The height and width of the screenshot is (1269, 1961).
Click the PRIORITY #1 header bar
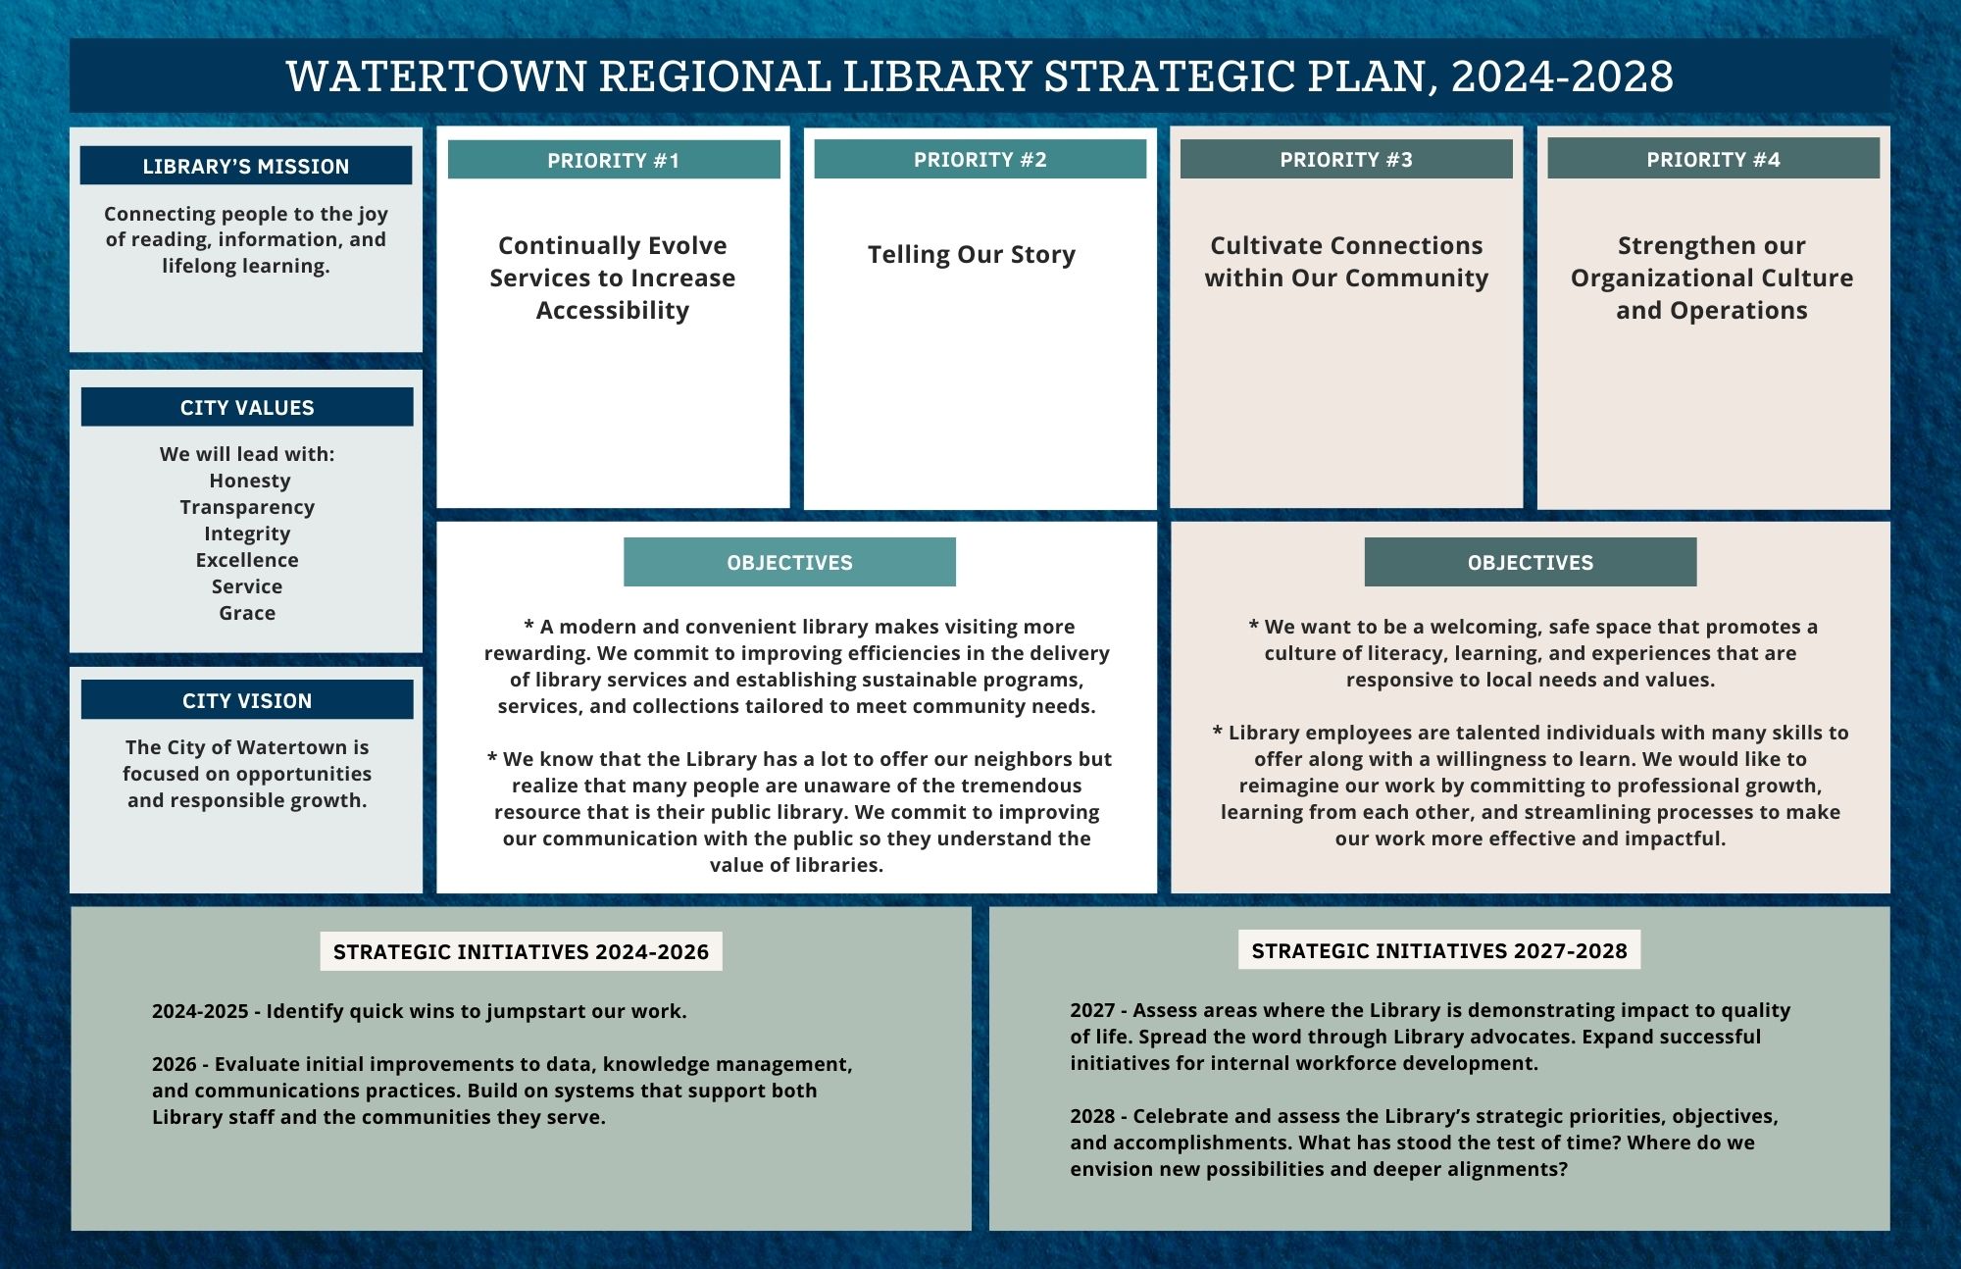coord(613,160)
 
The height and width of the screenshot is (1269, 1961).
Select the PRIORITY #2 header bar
coord(980,159)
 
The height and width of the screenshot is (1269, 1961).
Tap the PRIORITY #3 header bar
coord(1346,159)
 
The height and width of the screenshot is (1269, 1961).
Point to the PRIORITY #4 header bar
coord(1713,159)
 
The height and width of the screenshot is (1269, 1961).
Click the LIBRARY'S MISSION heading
coord(246,166)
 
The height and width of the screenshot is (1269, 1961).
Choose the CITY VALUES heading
coord(247,407)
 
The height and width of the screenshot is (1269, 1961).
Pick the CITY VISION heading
coord(247,700)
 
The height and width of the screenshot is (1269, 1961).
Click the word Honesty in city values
coord(249,481)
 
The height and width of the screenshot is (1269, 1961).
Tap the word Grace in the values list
coord(247,613)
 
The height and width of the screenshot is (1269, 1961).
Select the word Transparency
coord(247,507)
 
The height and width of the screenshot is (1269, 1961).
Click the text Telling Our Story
coord(971,255)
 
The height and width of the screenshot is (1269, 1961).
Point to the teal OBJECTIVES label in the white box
coord(789,562)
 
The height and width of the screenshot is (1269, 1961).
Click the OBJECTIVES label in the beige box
coord(1530,562)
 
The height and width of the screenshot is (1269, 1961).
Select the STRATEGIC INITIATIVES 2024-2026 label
coord(521,951)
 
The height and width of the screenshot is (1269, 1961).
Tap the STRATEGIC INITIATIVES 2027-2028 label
coord(1438,950)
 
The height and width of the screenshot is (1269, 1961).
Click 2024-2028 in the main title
coord(1562,76)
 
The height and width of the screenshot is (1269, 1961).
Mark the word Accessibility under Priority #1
coord(612,311)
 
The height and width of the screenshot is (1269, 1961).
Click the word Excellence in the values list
coord(247,560)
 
